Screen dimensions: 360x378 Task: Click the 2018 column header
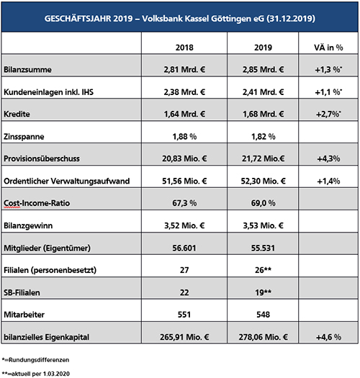pyautogui.click(x=184, y=48)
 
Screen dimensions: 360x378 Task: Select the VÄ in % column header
pyautogui.click(x=328, y=48)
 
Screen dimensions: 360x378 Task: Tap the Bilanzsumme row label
pyautogui.click(x=27, y=70)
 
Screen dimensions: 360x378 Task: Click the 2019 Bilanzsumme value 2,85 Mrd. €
pyautogui.click(x=263, y=70)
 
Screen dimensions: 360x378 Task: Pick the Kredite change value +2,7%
pyautogui.click(x=328, y=114)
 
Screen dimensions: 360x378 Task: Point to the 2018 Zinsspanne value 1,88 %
pyautogui.click(x=184, y=137)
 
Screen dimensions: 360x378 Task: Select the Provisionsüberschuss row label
pyautogui.click(x=42, y=158)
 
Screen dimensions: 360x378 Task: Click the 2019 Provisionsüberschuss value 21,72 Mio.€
pyautogui.click(x=263, y=158)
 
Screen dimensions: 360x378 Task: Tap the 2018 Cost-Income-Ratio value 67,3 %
pyautogui.click(x=184, y=203)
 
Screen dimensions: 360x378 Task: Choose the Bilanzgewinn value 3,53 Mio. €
pyautogui.click(x=263, y=225)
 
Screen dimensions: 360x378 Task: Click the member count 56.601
pyautogui.click(x=184, y=248)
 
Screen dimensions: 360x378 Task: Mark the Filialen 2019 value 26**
pyautogui.click(x=263, y=270)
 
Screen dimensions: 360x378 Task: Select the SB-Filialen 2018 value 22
pyautogui.click(x=184, y=292)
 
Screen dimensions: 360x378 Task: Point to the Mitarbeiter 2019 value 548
pyautogui.click(x=263, y=315)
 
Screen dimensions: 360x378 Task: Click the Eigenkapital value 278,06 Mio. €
pyautogui.click(x=263, y=337)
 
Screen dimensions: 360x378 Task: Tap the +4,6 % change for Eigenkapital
pyautogui.click(x=328, y=337)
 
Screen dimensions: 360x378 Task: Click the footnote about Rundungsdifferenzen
pyautogui.click(x=35, y=360)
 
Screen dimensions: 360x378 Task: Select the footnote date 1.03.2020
pyautogui.click(x=56, y=374)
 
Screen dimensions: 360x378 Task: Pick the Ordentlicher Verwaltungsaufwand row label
pyautogui.click(x=67, y=181)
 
